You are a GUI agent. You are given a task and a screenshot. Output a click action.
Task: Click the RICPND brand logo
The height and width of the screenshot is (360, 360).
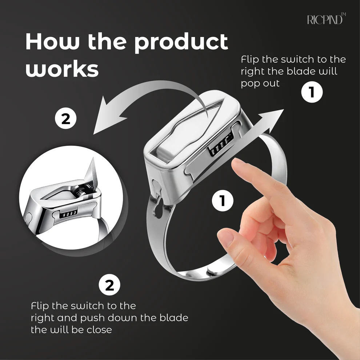pyautogui.click(x=327, y=19)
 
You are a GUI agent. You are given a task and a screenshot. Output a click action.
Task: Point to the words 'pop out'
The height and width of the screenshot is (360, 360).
pyautogui.click(x=260, y=84)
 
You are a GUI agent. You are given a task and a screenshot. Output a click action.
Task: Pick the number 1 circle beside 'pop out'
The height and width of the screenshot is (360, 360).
pyautogui.click(x=312, y=92)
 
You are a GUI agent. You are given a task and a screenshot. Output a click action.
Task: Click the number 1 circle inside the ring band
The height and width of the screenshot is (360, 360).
pyautogui.click(x=223, y=201)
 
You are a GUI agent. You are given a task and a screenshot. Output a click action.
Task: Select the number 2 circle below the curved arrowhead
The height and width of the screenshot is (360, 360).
pyautogui.click(x=66, y=119)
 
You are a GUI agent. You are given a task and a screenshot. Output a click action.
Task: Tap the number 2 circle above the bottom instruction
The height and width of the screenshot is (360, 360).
pyautogui.click(x=109, y=285)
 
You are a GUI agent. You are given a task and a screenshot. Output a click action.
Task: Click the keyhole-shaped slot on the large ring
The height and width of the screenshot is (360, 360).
pyautogui.click(x=158, y=207)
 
